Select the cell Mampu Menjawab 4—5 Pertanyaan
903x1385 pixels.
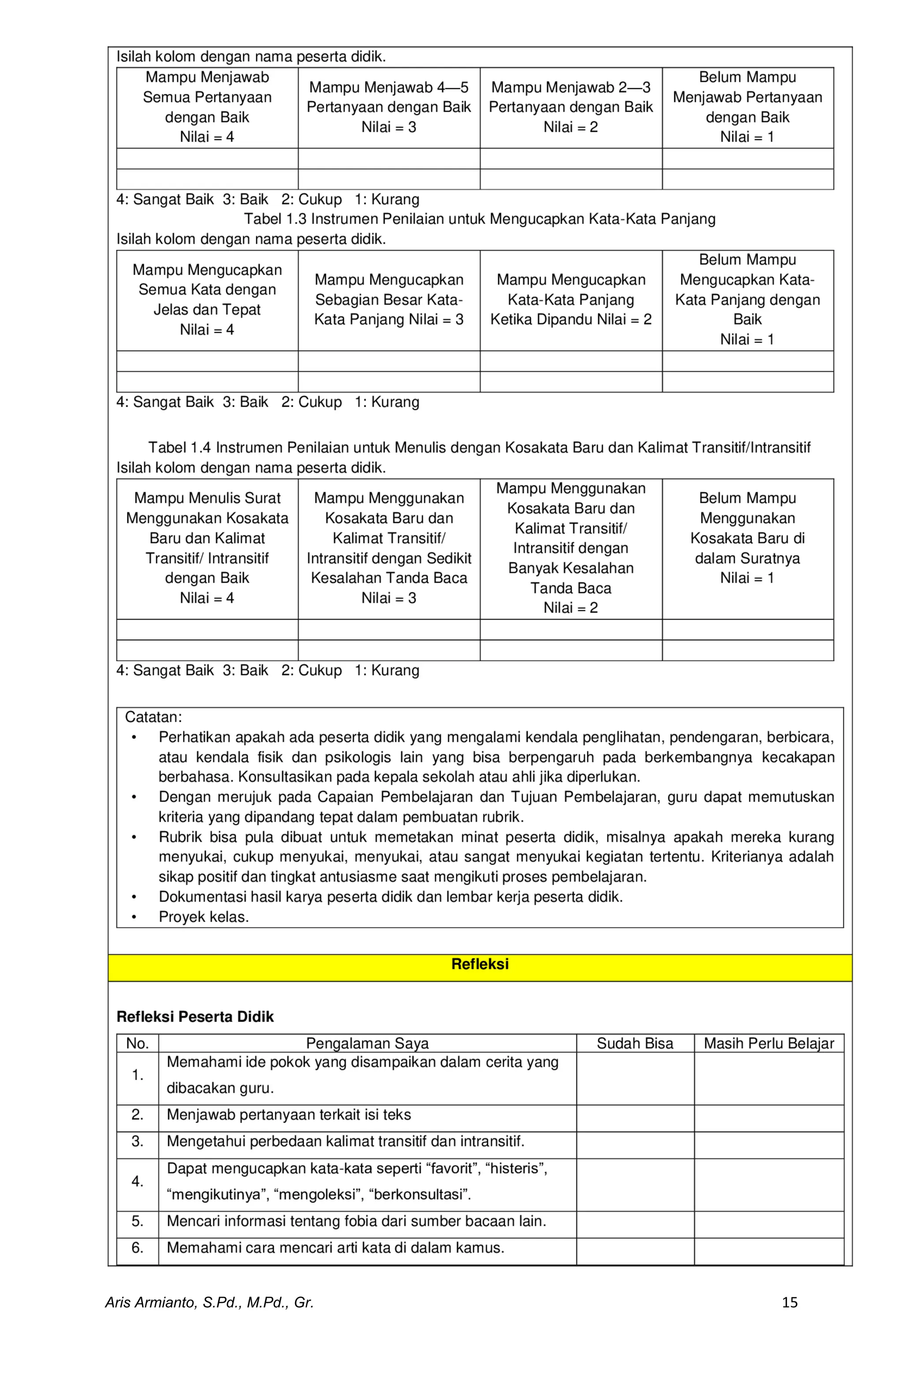coord(388,107)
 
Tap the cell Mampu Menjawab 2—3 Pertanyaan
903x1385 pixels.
coord(571,107)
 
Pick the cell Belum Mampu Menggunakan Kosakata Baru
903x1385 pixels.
coord(747,538)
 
